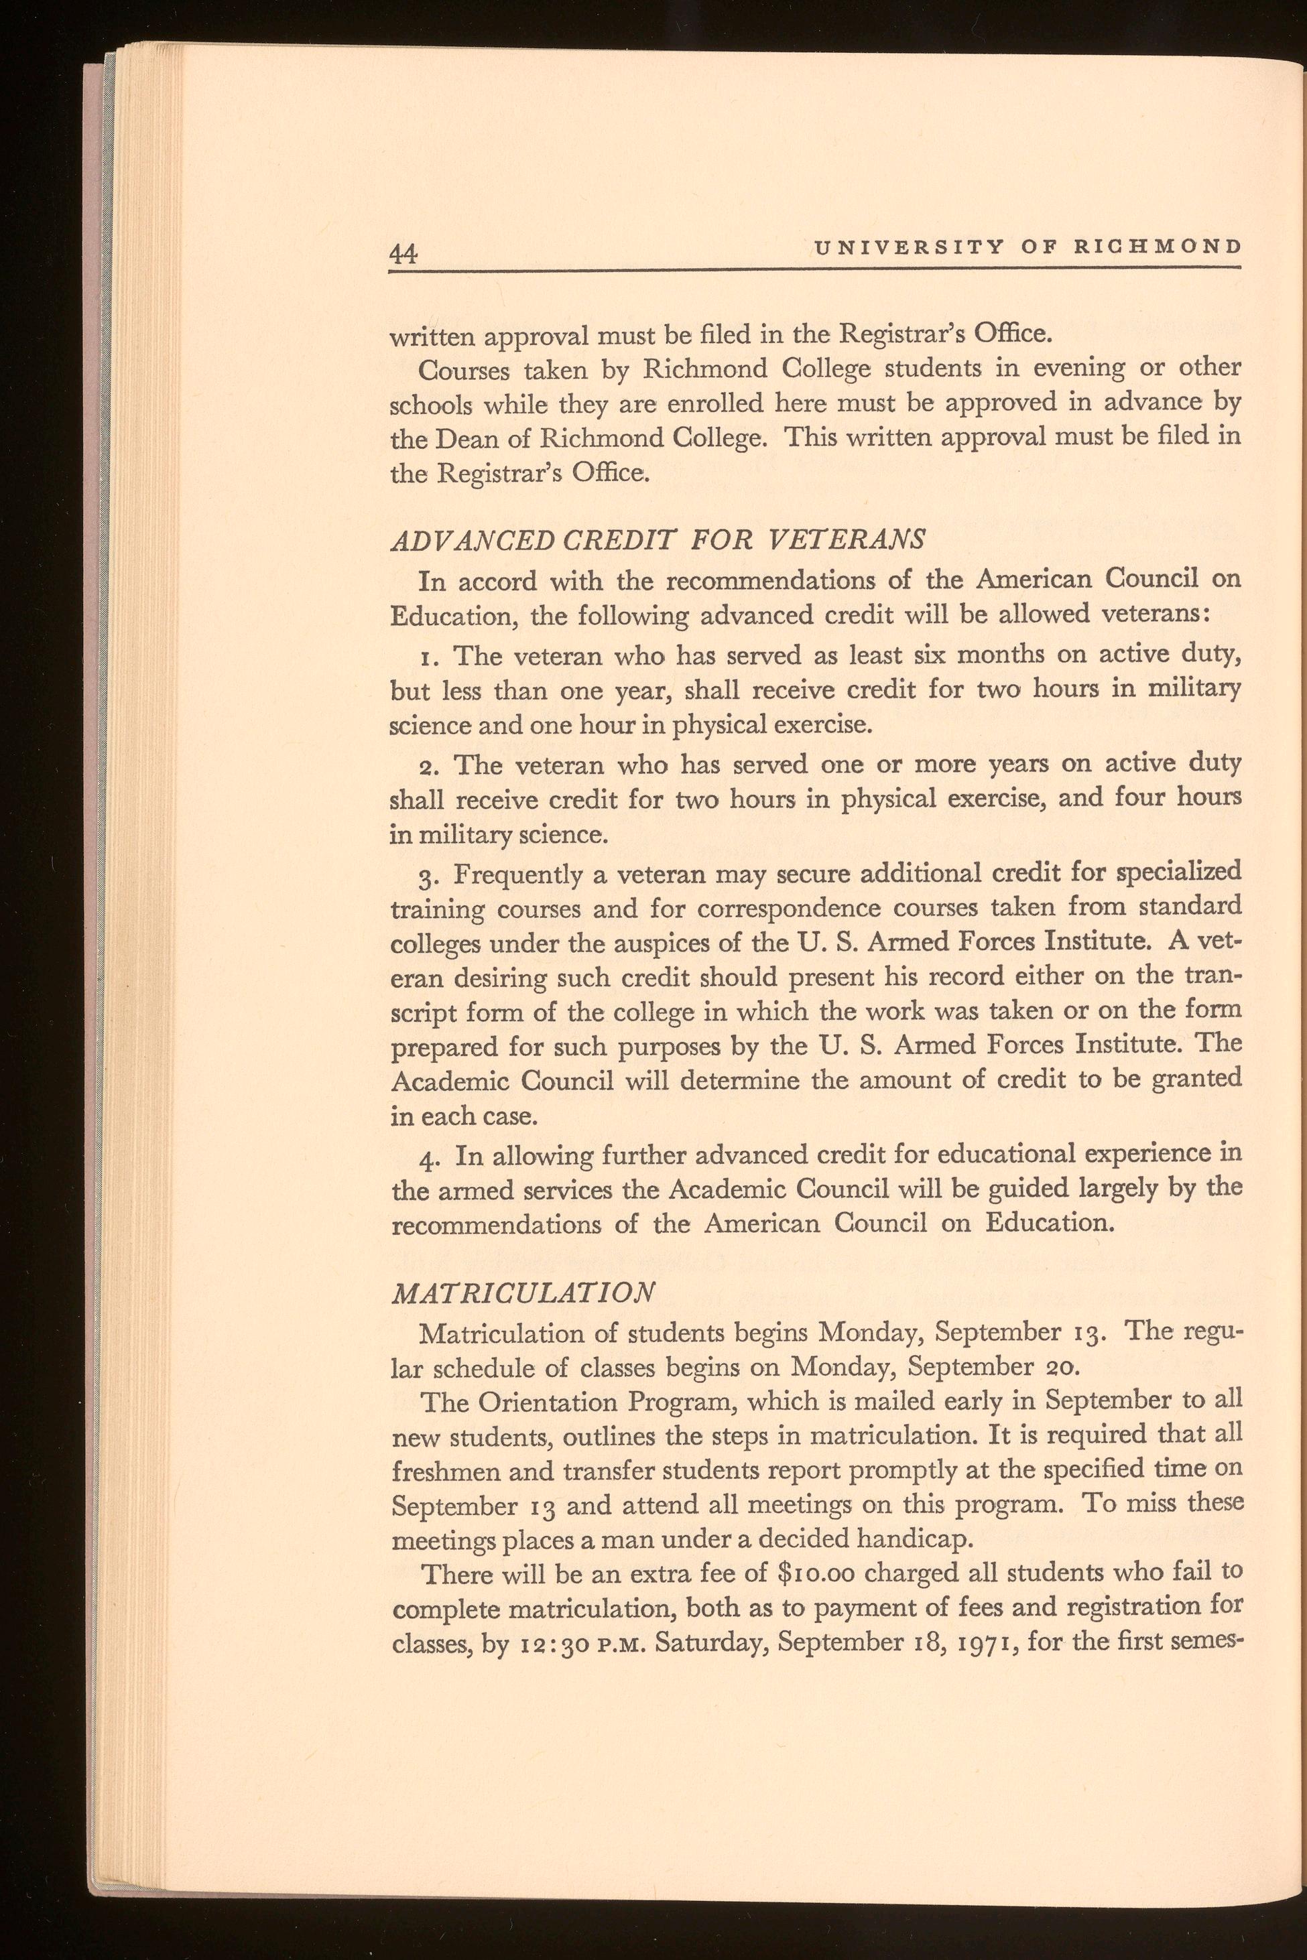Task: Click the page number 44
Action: coord(403,253)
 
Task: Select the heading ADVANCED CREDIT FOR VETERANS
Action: coord(658,539)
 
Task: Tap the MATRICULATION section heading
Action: coord(523,1293)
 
